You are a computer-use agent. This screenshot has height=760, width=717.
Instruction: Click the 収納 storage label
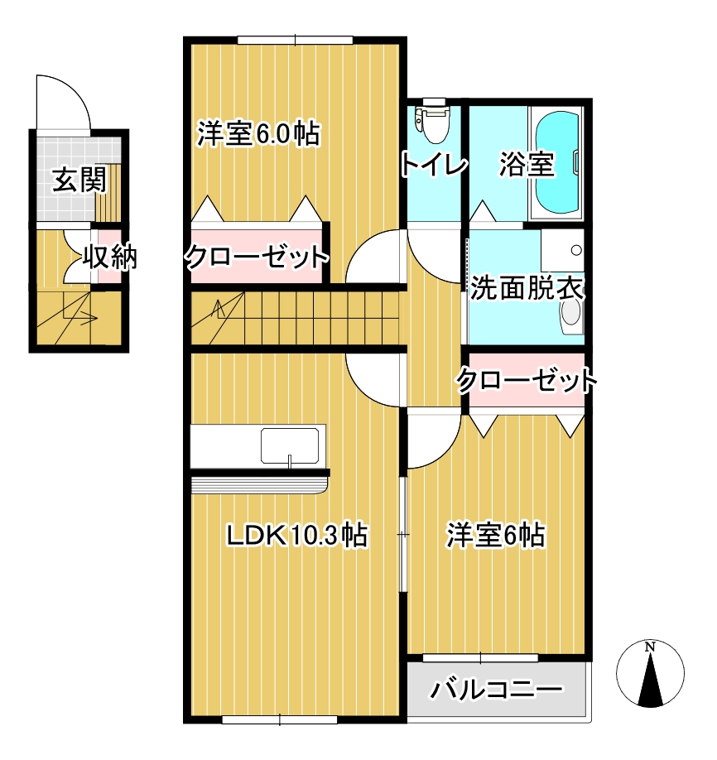108,258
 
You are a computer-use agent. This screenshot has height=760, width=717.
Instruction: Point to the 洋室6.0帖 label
258,134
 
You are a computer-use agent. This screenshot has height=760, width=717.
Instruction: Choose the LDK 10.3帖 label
297,536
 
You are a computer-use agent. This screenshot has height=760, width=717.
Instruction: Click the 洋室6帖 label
495,536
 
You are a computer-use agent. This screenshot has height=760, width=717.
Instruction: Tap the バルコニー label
497,690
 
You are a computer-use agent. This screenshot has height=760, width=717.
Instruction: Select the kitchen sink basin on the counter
291,445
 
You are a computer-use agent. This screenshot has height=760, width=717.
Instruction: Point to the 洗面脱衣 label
527,290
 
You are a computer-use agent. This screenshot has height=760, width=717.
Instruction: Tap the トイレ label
433,165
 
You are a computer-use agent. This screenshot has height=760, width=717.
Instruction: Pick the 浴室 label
526,165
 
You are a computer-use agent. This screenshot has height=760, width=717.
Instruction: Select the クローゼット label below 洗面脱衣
527,381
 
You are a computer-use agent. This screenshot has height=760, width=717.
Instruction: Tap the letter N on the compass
651,646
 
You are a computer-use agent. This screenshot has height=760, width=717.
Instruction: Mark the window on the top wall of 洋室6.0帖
295,40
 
